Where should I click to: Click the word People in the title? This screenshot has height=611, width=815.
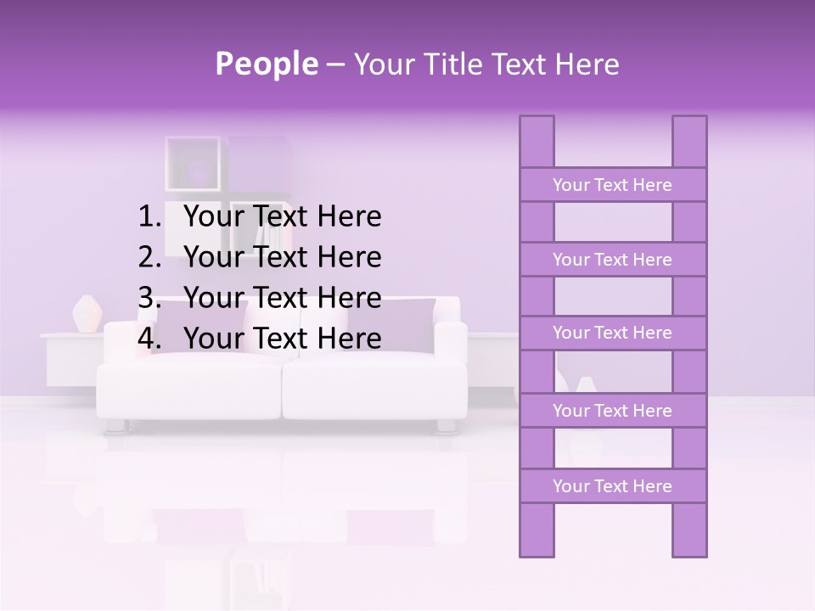click(266, 64)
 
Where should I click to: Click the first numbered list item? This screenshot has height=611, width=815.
click(282, 217)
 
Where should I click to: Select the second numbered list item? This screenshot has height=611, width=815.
click(282, 257)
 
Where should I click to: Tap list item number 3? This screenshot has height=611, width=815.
click(282, 298)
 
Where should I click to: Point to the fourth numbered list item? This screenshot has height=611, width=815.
click(282, 339)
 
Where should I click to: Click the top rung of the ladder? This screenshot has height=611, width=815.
click(612, 185)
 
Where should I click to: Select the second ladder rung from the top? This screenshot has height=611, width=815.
click(612, 260)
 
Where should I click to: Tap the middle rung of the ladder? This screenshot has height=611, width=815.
click(612, 333)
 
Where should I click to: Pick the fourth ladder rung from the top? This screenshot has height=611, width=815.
click(612, 411)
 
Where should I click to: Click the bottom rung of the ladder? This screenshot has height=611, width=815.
click(612, 486)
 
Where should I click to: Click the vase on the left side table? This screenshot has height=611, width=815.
click(86, 313)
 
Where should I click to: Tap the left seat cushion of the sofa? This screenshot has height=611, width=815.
click(188, 386)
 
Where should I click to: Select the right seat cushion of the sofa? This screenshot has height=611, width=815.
click(374, 386)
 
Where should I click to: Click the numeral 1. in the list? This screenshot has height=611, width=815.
click(149, 217)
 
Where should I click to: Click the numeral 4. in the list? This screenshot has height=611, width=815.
click(149, 339)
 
